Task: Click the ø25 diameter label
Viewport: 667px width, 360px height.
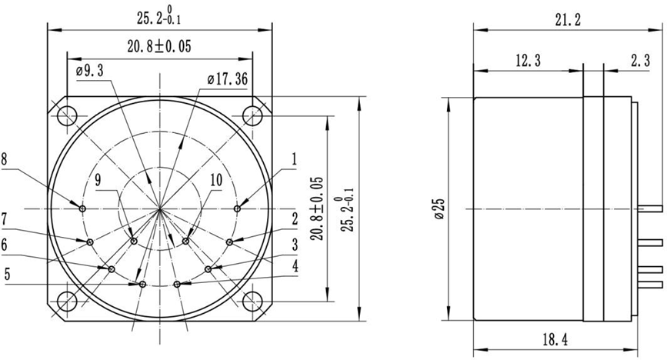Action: (439, 208)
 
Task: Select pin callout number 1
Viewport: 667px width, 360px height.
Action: (294, 159)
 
